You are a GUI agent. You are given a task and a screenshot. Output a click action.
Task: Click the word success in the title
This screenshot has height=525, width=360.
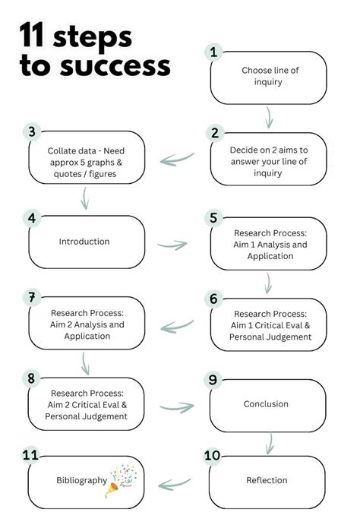tap(115, 65)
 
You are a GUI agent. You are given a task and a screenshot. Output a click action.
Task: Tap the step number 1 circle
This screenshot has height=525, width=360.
tap(213, 52)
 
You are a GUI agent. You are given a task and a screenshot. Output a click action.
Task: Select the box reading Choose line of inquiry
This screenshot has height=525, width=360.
tap(268, 77)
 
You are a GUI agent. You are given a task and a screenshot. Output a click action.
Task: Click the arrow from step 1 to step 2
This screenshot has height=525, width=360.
tap(269, 118)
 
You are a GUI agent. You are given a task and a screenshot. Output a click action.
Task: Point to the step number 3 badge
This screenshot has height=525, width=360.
tap(32, 131)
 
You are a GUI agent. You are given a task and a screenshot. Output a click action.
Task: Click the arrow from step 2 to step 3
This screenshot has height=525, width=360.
tap(177, 159)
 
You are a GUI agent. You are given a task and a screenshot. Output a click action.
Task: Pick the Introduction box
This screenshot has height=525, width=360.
tap(87, 242)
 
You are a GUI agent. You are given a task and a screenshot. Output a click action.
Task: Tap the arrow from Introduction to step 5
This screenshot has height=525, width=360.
tap(172, 245)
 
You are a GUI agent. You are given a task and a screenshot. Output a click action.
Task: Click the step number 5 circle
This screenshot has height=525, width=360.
tap(213, 218)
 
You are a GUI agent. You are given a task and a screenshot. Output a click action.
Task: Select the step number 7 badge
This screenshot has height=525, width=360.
tap(32, 297)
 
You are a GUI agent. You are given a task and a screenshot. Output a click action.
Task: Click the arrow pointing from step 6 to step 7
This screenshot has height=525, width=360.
tap(177, 326)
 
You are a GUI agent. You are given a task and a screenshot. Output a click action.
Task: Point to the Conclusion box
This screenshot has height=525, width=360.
tap(267, 406)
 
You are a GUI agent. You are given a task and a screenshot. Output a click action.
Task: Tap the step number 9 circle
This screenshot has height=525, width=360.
tap(213, 380)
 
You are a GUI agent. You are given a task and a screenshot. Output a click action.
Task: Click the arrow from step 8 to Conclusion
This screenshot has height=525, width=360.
tap(177, 407)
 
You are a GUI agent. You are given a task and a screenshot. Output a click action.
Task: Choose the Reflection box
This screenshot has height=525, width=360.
tap(267, 482)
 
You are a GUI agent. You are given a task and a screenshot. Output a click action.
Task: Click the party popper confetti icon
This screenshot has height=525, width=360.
tap(121, 480)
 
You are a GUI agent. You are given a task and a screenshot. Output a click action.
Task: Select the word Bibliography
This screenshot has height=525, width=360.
tap(81, 480)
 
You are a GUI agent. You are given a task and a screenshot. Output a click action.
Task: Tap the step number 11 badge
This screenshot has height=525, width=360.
tap(30, 454)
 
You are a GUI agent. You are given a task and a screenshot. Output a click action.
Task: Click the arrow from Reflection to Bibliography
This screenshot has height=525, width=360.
tap(175, 484)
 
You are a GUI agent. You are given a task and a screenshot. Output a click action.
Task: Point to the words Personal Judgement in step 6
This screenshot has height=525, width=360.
tap(270, 337)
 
